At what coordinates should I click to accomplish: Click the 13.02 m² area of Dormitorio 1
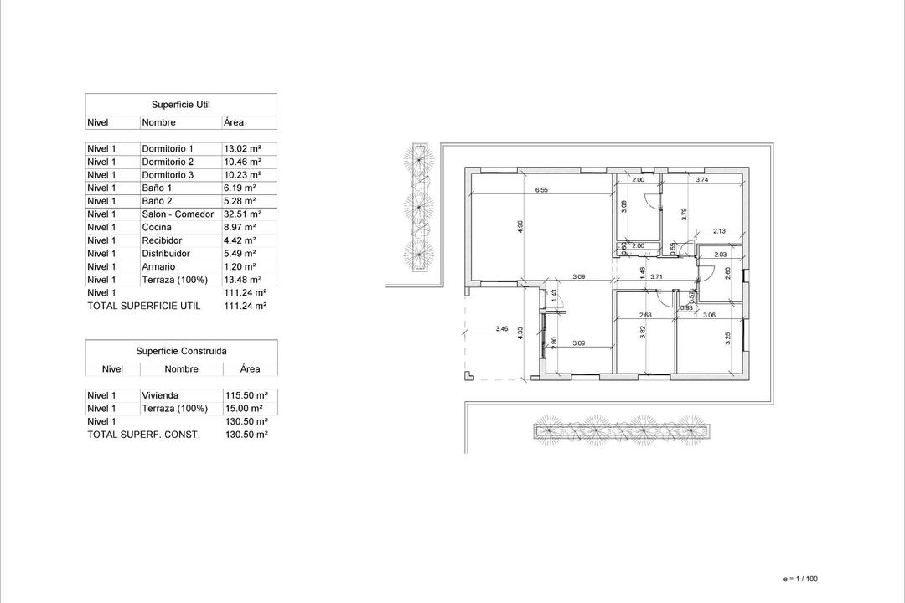click(243, 148)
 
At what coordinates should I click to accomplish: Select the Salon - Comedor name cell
click(178, 214)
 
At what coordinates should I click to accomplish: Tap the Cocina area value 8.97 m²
click(240, 227)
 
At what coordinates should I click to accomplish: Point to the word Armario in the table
click(158, 266)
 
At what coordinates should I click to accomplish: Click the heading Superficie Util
click(180, 105)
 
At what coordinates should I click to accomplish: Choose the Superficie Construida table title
click(181, 352)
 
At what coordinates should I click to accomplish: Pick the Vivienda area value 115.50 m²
click(246, 395)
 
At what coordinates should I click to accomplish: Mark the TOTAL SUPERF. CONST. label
click(143, 435)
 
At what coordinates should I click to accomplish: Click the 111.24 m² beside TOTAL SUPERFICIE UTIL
click(246, 307)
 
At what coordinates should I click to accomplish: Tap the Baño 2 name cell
click(157, 201)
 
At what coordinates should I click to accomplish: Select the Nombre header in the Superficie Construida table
click(181, 369)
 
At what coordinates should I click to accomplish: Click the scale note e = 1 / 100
click(799, 579)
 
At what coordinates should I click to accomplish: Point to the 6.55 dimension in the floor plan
click(541, 190)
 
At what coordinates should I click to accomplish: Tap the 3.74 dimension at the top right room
click(702, 179)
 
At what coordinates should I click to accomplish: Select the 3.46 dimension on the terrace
click(502, 329)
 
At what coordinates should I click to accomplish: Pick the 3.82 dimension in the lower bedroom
click(643, 331)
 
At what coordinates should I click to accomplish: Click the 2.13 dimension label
click(719, 231)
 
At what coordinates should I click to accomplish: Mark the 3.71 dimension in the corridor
click(656, 276)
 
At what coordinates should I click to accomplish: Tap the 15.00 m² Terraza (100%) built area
click(246, 409)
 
